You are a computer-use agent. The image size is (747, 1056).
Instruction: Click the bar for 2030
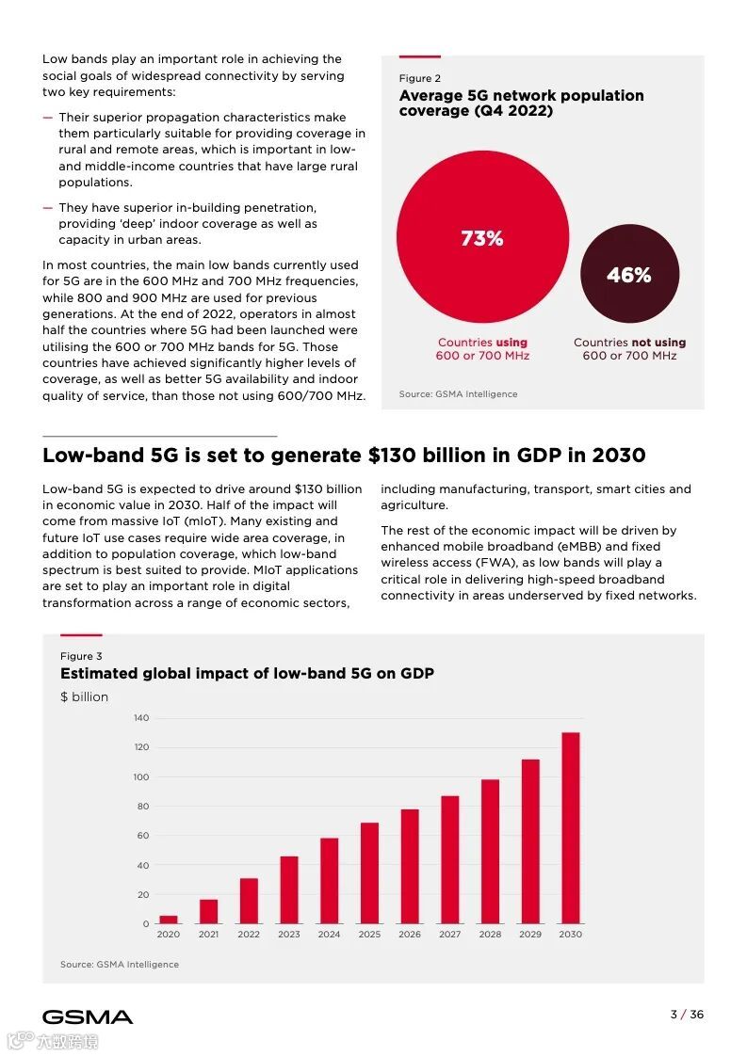pyautogui.click(x=570, y=828)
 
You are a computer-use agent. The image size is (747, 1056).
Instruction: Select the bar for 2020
pyautogui.click(x=168, y=920)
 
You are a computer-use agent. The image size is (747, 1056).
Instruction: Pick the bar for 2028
pyautogui.click(x=490, y=851)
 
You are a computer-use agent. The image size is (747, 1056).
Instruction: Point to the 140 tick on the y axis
pyautogui.click(x=141, y=718)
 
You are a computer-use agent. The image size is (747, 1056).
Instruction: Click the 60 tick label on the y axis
pyautogui.click(x=143, y=836)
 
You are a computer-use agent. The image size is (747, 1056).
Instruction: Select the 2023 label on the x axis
pyautogui.click(x=289, y=935)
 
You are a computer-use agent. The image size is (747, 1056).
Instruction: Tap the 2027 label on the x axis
pyautogui.click(x=449, y=935)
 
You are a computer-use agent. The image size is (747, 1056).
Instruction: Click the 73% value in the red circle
pyautogui.click(x=482, y=239)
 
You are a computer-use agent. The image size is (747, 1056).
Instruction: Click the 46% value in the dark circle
pyautogui.click(x=628, y=275)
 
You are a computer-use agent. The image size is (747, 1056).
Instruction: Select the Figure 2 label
pyautogui.click(x=419, y=79)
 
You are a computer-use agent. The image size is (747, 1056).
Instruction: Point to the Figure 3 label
pyautogui.click(x=81, y=656)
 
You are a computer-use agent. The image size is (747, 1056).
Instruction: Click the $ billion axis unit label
pyautogui.click(x=85, y=697)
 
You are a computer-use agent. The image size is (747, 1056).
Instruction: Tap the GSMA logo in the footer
pyautogui.click(x=88, y=1016)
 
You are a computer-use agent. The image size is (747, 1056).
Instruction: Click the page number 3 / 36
pyautogui.click(x=686, y=1015)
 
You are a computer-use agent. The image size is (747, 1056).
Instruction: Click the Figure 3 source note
pyautogui.click(x=120, y=965)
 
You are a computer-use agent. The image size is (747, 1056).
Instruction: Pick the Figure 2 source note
pyautogui.click(x=458, y=394)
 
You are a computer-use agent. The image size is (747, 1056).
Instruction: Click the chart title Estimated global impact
pyautogui.click(x=247, y=674)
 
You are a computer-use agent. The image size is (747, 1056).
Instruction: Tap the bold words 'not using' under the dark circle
pyautogui.click(x=658, y=343)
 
